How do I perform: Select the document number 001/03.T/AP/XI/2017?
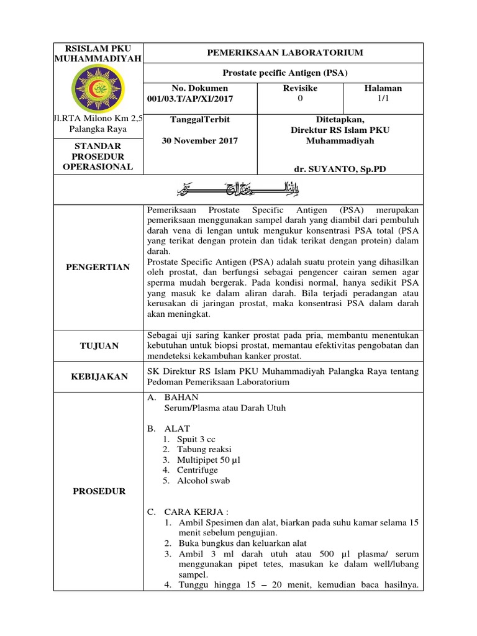[x=191, y=99]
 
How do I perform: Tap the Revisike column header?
[x=301, y=88]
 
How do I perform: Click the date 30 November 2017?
[x=199, y=140]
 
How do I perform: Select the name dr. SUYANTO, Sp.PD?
[x=340, y=168]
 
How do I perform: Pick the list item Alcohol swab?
[x=203, y=481]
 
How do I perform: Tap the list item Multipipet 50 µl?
[x=208, y=460]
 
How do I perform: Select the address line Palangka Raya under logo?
[x=99, y=129]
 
